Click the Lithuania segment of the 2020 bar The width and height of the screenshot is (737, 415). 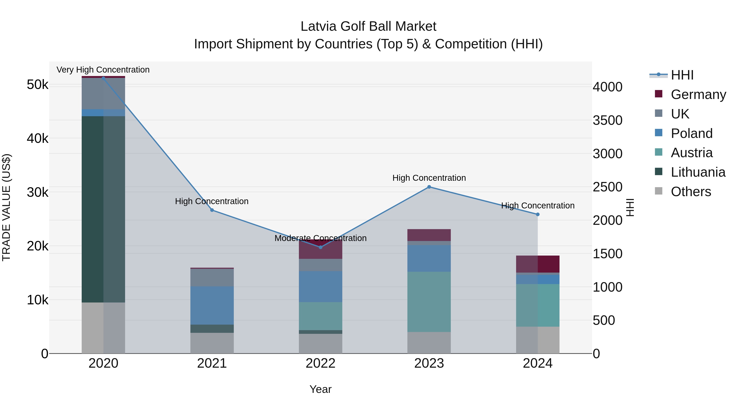103,209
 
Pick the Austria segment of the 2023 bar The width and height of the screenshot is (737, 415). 429,302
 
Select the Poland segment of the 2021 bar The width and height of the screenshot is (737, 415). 212,305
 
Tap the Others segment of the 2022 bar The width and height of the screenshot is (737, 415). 320,343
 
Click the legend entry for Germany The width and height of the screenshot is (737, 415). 698,94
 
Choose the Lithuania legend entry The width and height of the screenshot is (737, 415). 698,172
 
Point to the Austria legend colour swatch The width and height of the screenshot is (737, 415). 659,152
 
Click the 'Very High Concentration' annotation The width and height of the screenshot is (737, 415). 103,70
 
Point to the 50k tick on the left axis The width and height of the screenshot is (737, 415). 37,85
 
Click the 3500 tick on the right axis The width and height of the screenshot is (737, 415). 607,121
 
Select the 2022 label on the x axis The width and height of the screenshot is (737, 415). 320,363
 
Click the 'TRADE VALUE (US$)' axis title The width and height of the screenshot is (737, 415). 7,207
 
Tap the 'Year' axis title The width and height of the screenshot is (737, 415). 320,389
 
